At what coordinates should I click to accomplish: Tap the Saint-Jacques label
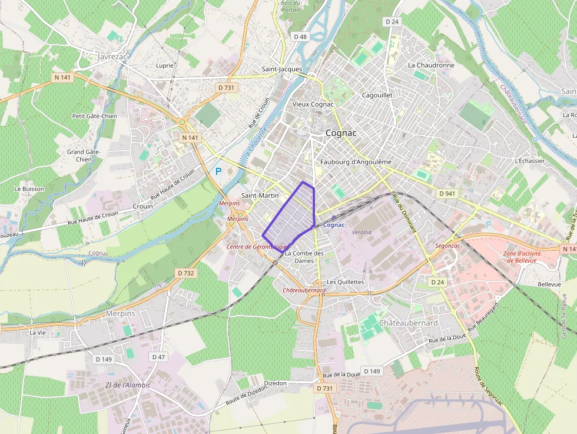pos(282,69)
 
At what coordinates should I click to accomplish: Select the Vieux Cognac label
pos(313,104)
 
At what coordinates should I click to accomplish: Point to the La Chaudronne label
pos(431,65)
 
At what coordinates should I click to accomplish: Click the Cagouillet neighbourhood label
pos(377,95)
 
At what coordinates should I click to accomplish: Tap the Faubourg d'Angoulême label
pos(356,162)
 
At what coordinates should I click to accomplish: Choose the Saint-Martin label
pos(260,195)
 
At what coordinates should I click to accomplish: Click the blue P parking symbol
pos(218,171)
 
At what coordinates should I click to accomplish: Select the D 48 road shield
pos(300,37)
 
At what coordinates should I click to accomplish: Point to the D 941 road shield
pos(447,193)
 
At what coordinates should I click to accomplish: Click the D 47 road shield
pos(158,357)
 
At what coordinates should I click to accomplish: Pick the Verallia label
pos(362,232)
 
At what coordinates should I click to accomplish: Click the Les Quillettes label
pos(346,282)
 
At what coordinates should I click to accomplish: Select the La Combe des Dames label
pos(304,257)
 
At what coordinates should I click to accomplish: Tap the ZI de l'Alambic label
pos(128,385)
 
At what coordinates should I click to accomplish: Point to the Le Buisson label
pos(29,189)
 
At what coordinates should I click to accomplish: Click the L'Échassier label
pos(529,161)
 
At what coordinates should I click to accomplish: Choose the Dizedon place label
pos(276,383)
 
